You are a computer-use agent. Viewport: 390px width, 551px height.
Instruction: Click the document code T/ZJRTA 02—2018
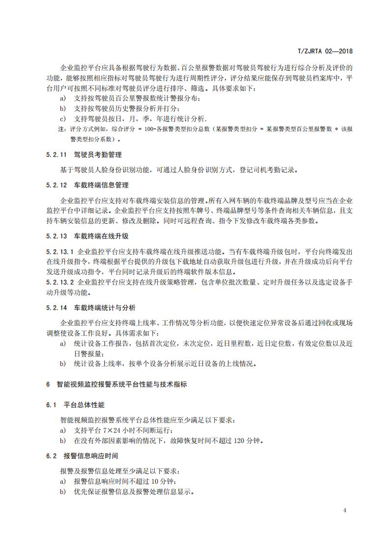(x=326, y=51)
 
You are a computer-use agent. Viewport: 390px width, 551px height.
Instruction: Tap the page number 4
(x=345, y=510)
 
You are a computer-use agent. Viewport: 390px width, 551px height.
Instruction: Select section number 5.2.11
(x=56, y=155)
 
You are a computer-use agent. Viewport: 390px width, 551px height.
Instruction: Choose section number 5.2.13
(x=56, y=236)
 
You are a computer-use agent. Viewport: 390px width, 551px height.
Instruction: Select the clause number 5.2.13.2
(x=59, y=282)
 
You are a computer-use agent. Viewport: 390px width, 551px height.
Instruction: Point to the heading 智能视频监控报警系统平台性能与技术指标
(x=121, y=385)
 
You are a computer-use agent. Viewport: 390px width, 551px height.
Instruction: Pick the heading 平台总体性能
(x=84, y=405)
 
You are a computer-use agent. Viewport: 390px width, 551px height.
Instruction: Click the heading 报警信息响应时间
(x=91, y=456)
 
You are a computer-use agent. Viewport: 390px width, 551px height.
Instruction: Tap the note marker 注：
(x=62, y=129)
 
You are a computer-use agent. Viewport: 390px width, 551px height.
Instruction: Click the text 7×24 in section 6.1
(x=108, y=430)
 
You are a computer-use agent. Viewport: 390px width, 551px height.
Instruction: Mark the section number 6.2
(x=52, y=456)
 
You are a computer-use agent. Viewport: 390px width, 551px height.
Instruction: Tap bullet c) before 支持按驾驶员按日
(x=62, y=119)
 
